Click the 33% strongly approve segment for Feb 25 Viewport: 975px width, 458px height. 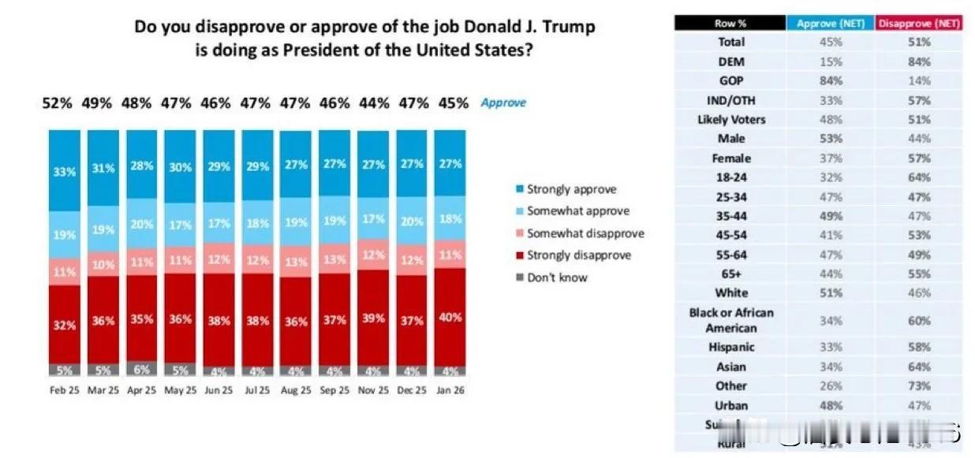pyautogui.click(x=65, y=170)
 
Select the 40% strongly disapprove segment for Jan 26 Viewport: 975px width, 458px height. pyautogui.click(x=450, y=316)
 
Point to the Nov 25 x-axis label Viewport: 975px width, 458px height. pyautogui.click(x=374, y=390)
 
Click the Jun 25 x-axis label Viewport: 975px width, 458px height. pyautogui.click(x=219, y=390)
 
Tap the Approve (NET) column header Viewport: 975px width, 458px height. pyautogui.click(x=830, y=24)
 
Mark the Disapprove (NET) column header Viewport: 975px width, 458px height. pyautogui.click(x=919, y=24)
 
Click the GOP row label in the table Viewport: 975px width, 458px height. pyautogui.click(x=730, y=81)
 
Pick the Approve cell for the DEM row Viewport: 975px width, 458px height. pyautogui.click(x=831, y=61)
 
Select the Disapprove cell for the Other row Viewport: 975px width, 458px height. pyautogui.click(x=919, y=386)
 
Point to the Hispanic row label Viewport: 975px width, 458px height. pyautogui.click(x=730, y=348)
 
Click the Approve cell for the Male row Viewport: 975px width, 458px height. pyautogui.click(x=831, y=139)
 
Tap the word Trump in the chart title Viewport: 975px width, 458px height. pyautogui.click(x=562, y=27)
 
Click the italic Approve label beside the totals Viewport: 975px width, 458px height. pyautogui.click(x=503, y=103)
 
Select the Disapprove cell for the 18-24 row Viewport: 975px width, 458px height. pyautogui.click(x=919, y=177)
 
